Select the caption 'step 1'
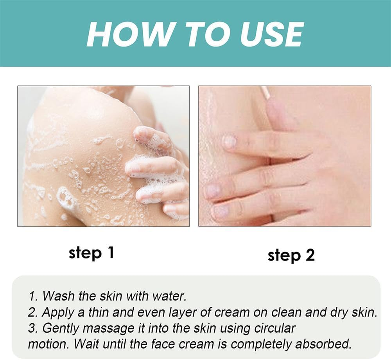click(x=91, y=253)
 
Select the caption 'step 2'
click(x=291, y=255)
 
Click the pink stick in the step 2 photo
click(x=266, y=92)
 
